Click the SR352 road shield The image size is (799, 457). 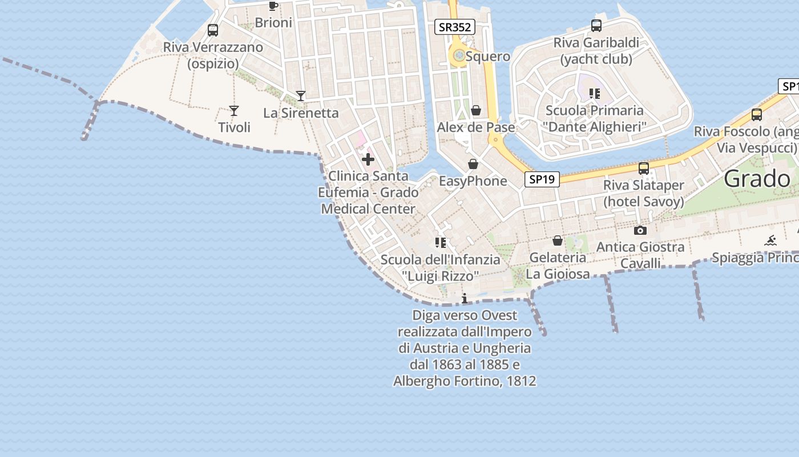pyautogui.click(x=455, y=27)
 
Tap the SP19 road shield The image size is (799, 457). pyautogui.click(x=542, y=179)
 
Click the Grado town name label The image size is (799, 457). pyautogui.click(x=757, y=179)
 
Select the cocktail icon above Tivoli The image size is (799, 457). pyautogui.click(x=233, y=110)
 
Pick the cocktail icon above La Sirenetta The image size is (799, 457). pyautogui.click(x=301, y=95)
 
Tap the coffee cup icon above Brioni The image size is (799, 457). pyautogui.click(x=273, y=6)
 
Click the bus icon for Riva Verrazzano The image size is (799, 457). pyautogui.click(x=213, y=30)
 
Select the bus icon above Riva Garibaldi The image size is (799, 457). pyautogui.click(x=596, y=26)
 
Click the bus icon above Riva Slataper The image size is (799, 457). pyautogui.click(x=644, y=169)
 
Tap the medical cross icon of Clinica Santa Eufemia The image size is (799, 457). pyautogui.click(x=368, y=159)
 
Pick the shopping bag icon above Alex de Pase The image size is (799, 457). pyautogui.click(x=476, y=110)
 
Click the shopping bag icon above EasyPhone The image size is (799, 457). pyautogui.click(x=473, y=165)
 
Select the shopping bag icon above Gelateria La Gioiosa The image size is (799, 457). pyautogui.click(x=558, y=241)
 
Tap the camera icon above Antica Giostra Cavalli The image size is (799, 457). pyautogui.click(x=640, y=231)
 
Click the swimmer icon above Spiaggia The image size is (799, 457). pyautogui.click(x=771, y=240)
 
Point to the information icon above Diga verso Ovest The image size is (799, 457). pyautogui.click(x=465, y=298)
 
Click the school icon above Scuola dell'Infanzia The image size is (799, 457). pyautogui.click(x=440, y=243)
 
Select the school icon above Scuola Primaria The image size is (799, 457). pyautogui.click(x=595, y=94)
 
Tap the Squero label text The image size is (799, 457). pyautogui.click(x=488, y=57)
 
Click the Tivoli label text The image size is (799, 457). pyautogui.click(x=234, y=127)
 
